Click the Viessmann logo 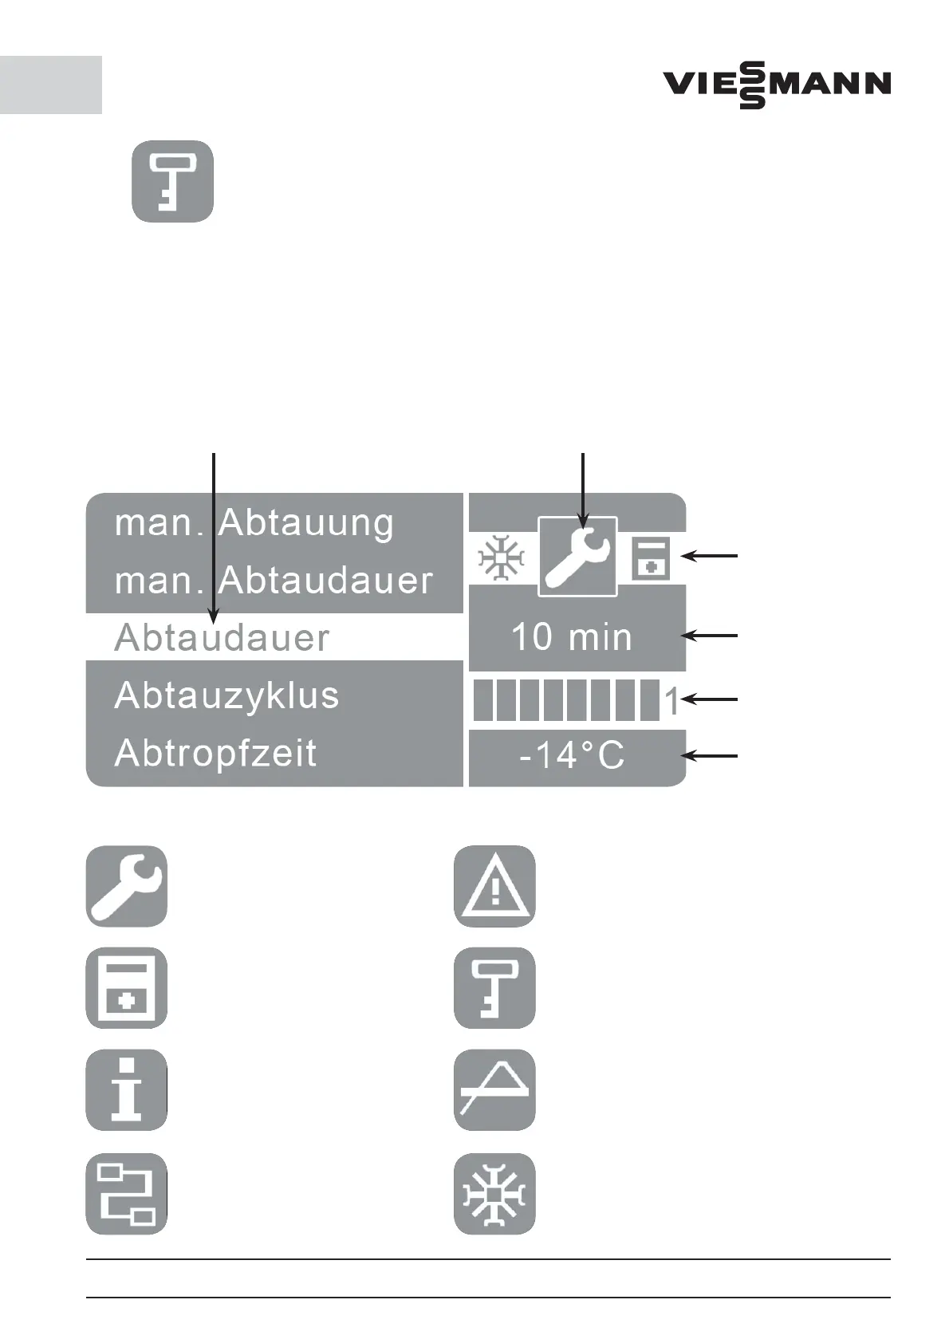tap(777, 85)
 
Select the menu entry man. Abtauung tap(254, 523)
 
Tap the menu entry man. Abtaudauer tap(274, 580)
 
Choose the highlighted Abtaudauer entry tap(222, 638)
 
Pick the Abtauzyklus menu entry tap(227, 695)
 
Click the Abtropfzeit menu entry tap(216, 754)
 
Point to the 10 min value tap(571, 637)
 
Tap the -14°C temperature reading tap(572, 755)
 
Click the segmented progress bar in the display tap(566, 701)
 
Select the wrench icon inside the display tap(577, 557)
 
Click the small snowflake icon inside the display tap(501, 558)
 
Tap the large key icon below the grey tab tap(172, 182)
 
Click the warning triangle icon tap(494, 886)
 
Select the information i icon tap(127, 1089)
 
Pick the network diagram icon tap(127, 1194)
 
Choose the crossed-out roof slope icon tap(494, 1089)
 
